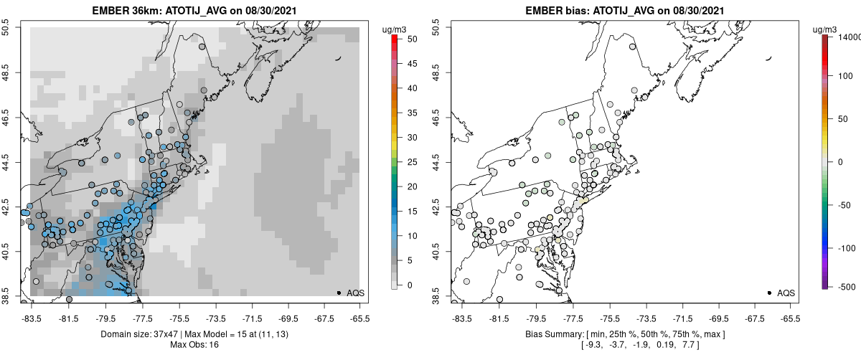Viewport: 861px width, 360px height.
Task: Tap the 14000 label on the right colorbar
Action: click(x=849, y=37)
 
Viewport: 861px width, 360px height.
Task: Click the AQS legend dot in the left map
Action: click(x=339, y=293)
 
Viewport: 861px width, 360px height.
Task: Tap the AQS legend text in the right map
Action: click(x=786, y=293)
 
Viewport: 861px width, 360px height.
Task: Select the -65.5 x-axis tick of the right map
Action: click(x=789, y=318)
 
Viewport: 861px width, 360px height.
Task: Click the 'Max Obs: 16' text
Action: click(x=195, y=345)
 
